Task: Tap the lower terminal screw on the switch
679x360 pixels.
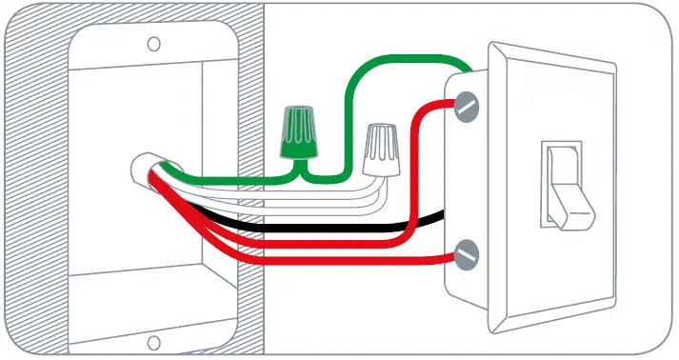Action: click(x=466, y=255)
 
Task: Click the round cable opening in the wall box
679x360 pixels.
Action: click(x=145, y=171)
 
